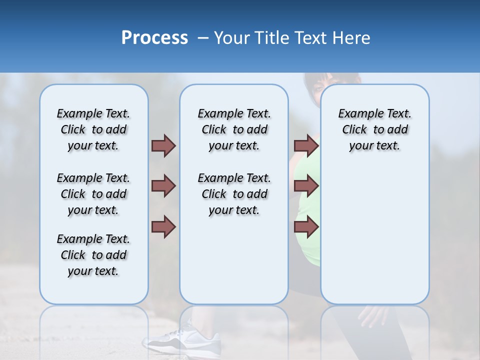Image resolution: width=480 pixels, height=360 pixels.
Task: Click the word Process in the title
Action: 154,38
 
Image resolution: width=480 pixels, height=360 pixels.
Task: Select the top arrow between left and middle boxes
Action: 163,145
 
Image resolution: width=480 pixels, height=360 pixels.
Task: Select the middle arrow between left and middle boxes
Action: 163,186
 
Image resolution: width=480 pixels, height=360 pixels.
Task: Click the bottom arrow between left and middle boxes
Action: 163,227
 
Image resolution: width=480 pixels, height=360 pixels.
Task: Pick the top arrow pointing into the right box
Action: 306,145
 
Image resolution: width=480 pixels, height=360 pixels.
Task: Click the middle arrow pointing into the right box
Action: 306,186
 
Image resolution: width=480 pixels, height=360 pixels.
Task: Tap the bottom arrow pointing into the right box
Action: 306,227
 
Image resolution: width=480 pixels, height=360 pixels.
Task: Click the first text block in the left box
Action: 93,129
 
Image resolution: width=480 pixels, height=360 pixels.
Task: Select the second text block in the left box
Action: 93,194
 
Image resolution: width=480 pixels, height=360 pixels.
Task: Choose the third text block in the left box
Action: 93,255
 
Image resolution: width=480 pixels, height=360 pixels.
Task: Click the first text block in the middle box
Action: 234,129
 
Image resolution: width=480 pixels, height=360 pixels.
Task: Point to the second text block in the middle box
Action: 234,194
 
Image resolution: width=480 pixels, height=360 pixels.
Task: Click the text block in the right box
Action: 374,129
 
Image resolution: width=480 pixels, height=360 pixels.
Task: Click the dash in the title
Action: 202,38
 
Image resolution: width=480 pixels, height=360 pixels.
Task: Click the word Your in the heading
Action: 232,38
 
